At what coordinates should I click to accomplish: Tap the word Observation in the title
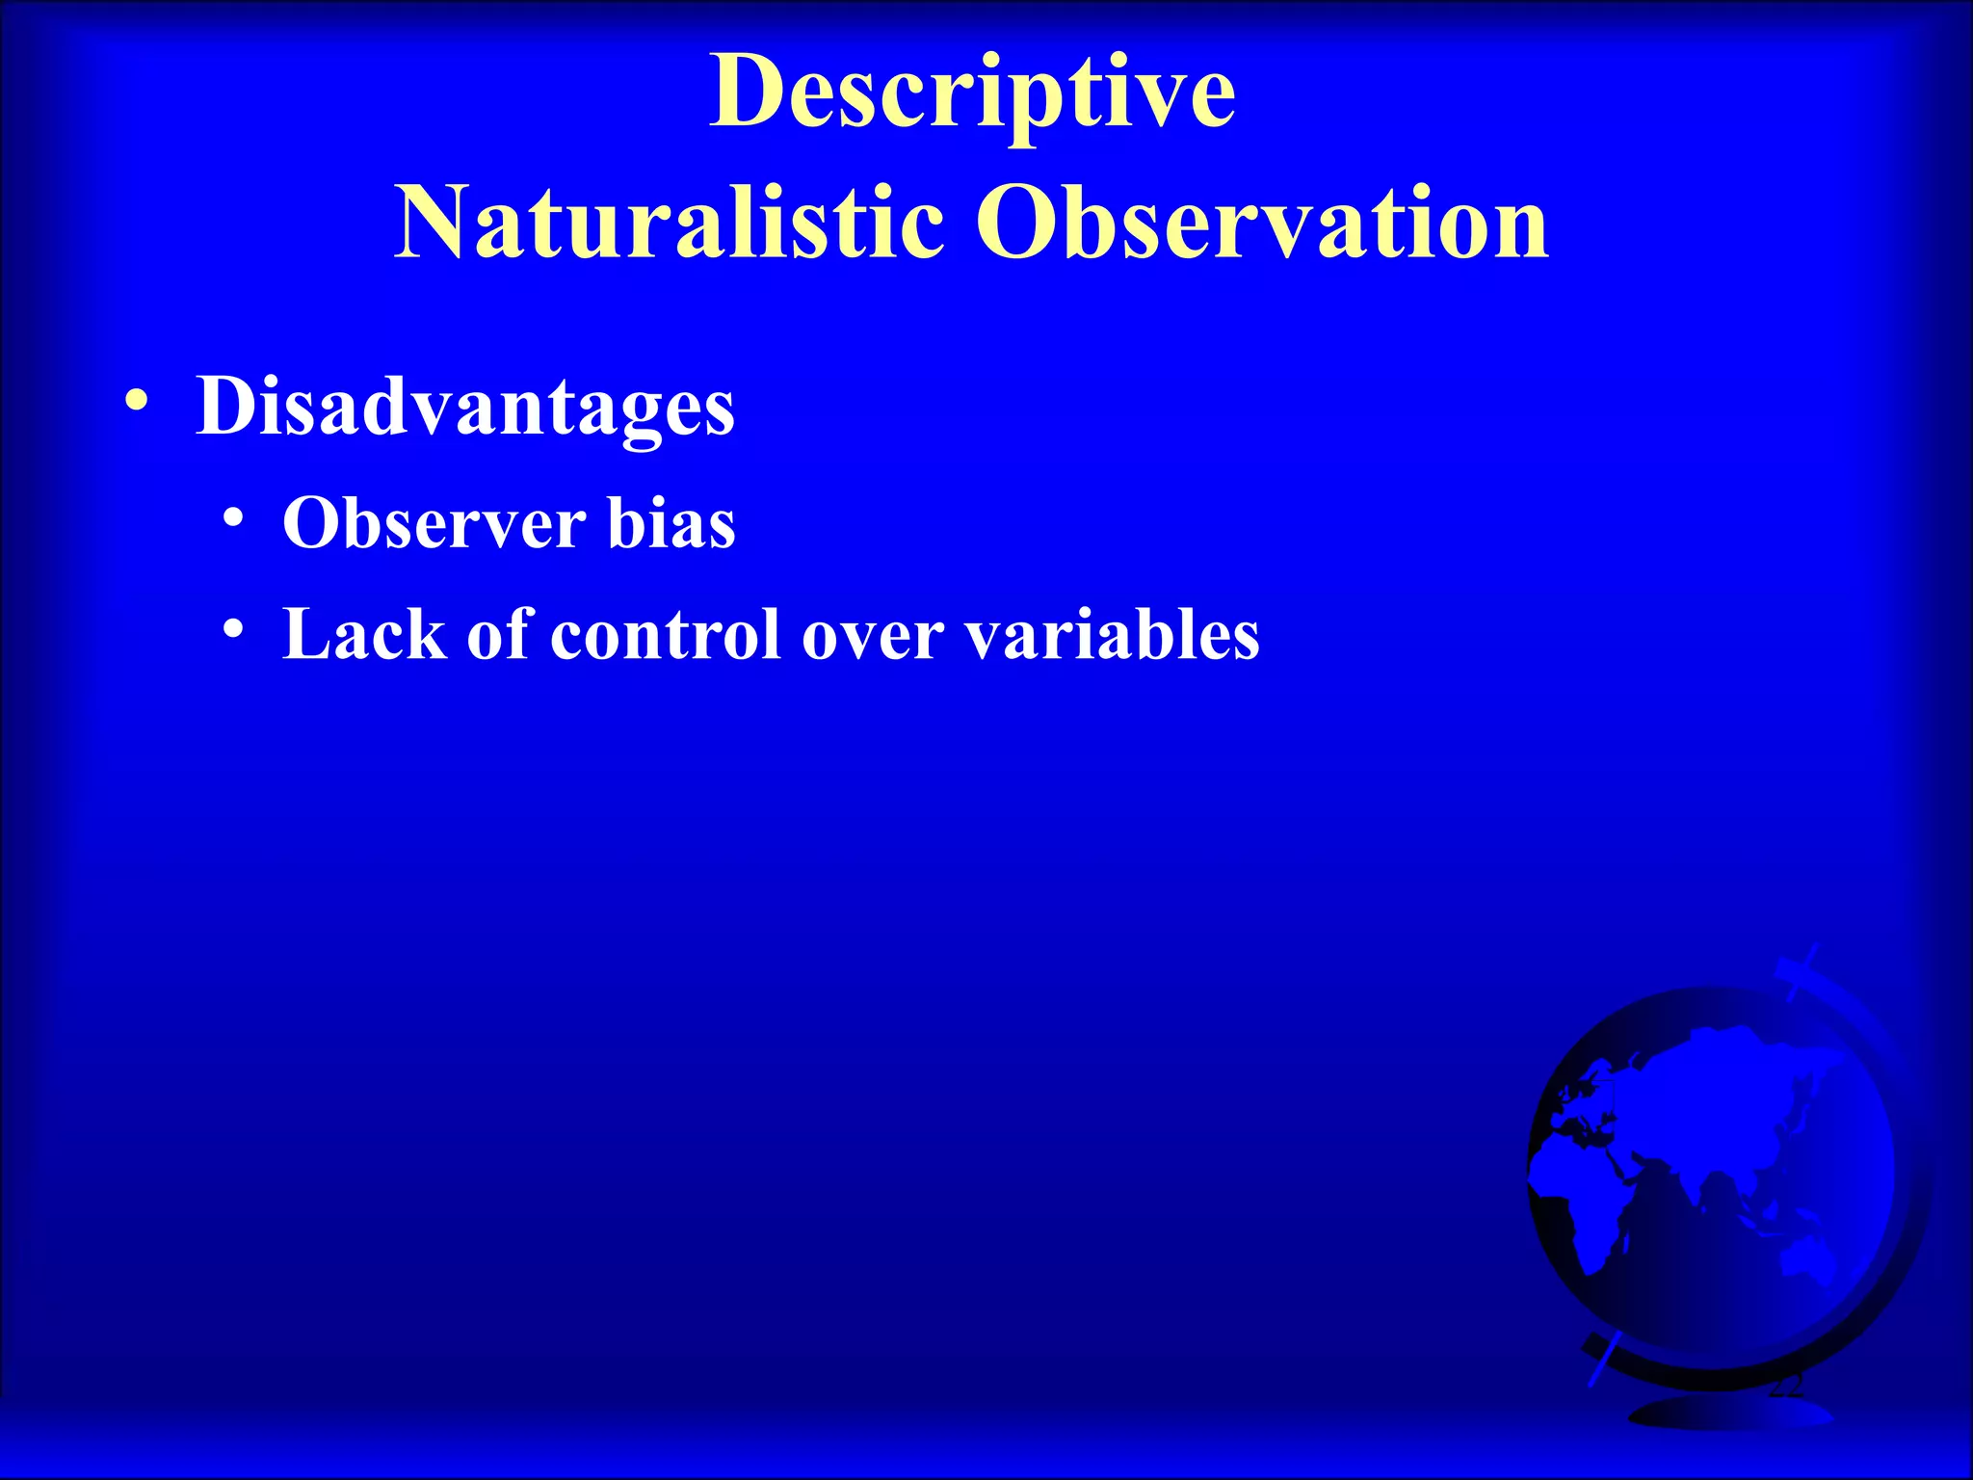tap(1262, 224)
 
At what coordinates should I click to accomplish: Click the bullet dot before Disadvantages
tap(137, 400)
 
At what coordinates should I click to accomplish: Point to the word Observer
tap(434, 524)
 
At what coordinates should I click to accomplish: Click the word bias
tap(671, 524)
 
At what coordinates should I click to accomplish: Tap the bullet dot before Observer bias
tap(232, 519)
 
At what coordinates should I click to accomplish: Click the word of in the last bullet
tap(499, 636)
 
